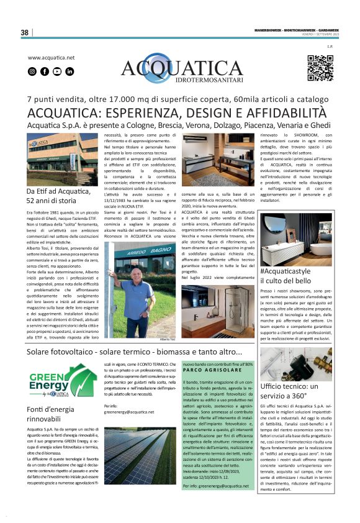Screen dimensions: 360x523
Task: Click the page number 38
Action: pyautogui.click(x=24, y=32)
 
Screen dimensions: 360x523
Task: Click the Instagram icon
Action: pyautogui.click(x=32, y=71)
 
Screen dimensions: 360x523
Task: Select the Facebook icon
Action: pyautogui.click(x=45, y=71)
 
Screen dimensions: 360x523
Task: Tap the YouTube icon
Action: pyautogui.click(x=57, y=71)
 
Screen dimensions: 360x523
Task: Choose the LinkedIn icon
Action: pyautogui.click(x=70, y=71)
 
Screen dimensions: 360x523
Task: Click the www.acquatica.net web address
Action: pyautogui.click(x=51, y=58)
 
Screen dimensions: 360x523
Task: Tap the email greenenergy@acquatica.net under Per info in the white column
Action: pyautogui.click(x=128, y=411)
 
